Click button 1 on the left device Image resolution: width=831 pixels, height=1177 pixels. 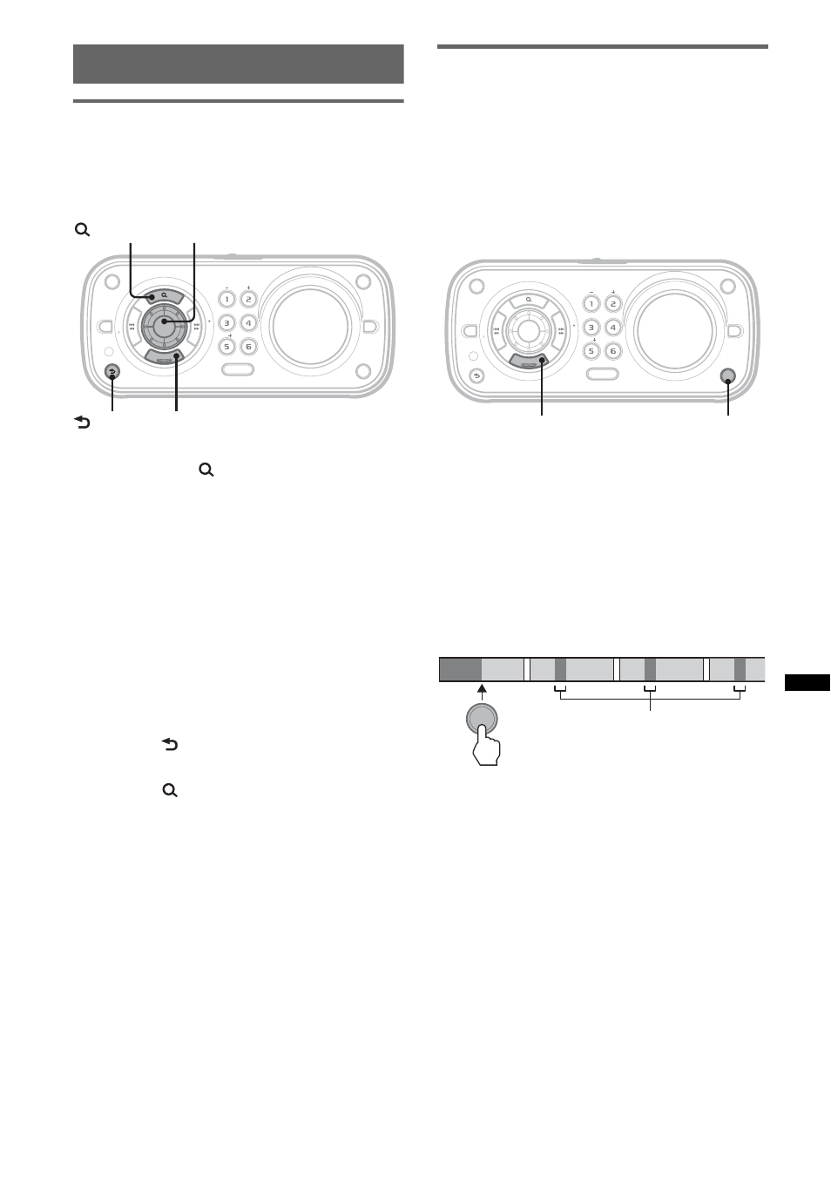(x=226, y=300)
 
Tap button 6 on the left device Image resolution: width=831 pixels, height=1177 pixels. (x=248, y=347)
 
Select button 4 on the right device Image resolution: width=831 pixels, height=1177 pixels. (x=613, y=328)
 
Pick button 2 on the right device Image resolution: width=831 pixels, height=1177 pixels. (x=613, y=304)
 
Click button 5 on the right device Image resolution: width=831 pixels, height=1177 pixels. (x=591, y=351)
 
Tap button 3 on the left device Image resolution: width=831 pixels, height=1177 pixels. (x=226, y=323)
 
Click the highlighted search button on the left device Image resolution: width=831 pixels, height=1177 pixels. (x=164, y=296)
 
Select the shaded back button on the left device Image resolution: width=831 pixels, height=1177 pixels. (x=111, y=372)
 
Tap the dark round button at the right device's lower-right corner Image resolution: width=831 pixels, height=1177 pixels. (x=727, y=375)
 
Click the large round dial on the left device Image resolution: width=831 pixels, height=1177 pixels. (x=311, y=326)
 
